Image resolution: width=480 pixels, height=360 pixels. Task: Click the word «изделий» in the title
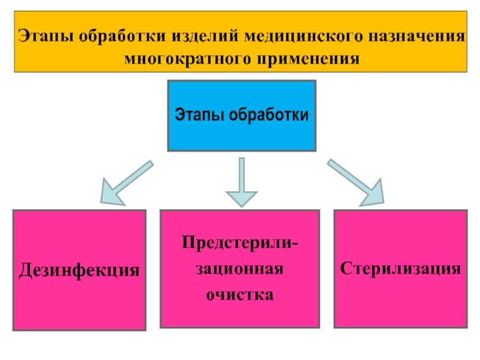(205, 36)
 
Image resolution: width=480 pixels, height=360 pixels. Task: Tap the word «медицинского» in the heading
(304, 37)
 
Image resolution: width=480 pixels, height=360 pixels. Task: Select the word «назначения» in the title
(416, 36)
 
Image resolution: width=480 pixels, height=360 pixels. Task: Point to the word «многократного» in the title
(187, 59)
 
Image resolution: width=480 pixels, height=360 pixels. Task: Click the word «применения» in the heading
(308, 59)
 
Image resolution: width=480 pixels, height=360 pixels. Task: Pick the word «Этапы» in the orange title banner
(46, 36)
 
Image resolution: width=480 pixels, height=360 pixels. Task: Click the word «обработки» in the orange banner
(122, 36)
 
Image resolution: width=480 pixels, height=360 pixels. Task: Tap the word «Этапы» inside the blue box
(199, 115)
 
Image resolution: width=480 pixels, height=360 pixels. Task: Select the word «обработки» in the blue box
(269, 115)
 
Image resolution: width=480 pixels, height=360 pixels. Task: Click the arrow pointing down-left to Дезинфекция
(127, 182)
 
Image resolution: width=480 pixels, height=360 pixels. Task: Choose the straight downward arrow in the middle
(242, 182)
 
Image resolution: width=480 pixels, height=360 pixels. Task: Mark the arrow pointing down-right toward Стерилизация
(356, 182)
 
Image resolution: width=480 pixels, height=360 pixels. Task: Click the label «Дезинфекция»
(79, 270)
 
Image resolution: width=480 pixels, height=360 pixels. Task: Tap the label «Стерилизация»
(400, 268)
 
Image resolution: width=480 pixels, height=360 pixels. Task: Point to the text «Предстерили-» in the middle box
(239, 243)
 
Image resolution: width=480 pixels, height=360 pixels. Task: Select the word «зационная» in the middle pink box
(239, 269)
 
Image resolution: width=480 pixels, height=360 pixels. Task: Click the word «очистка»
(239, 295)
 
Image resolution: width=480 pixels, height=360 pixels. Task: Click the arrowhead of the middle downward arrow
(242, 199)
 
